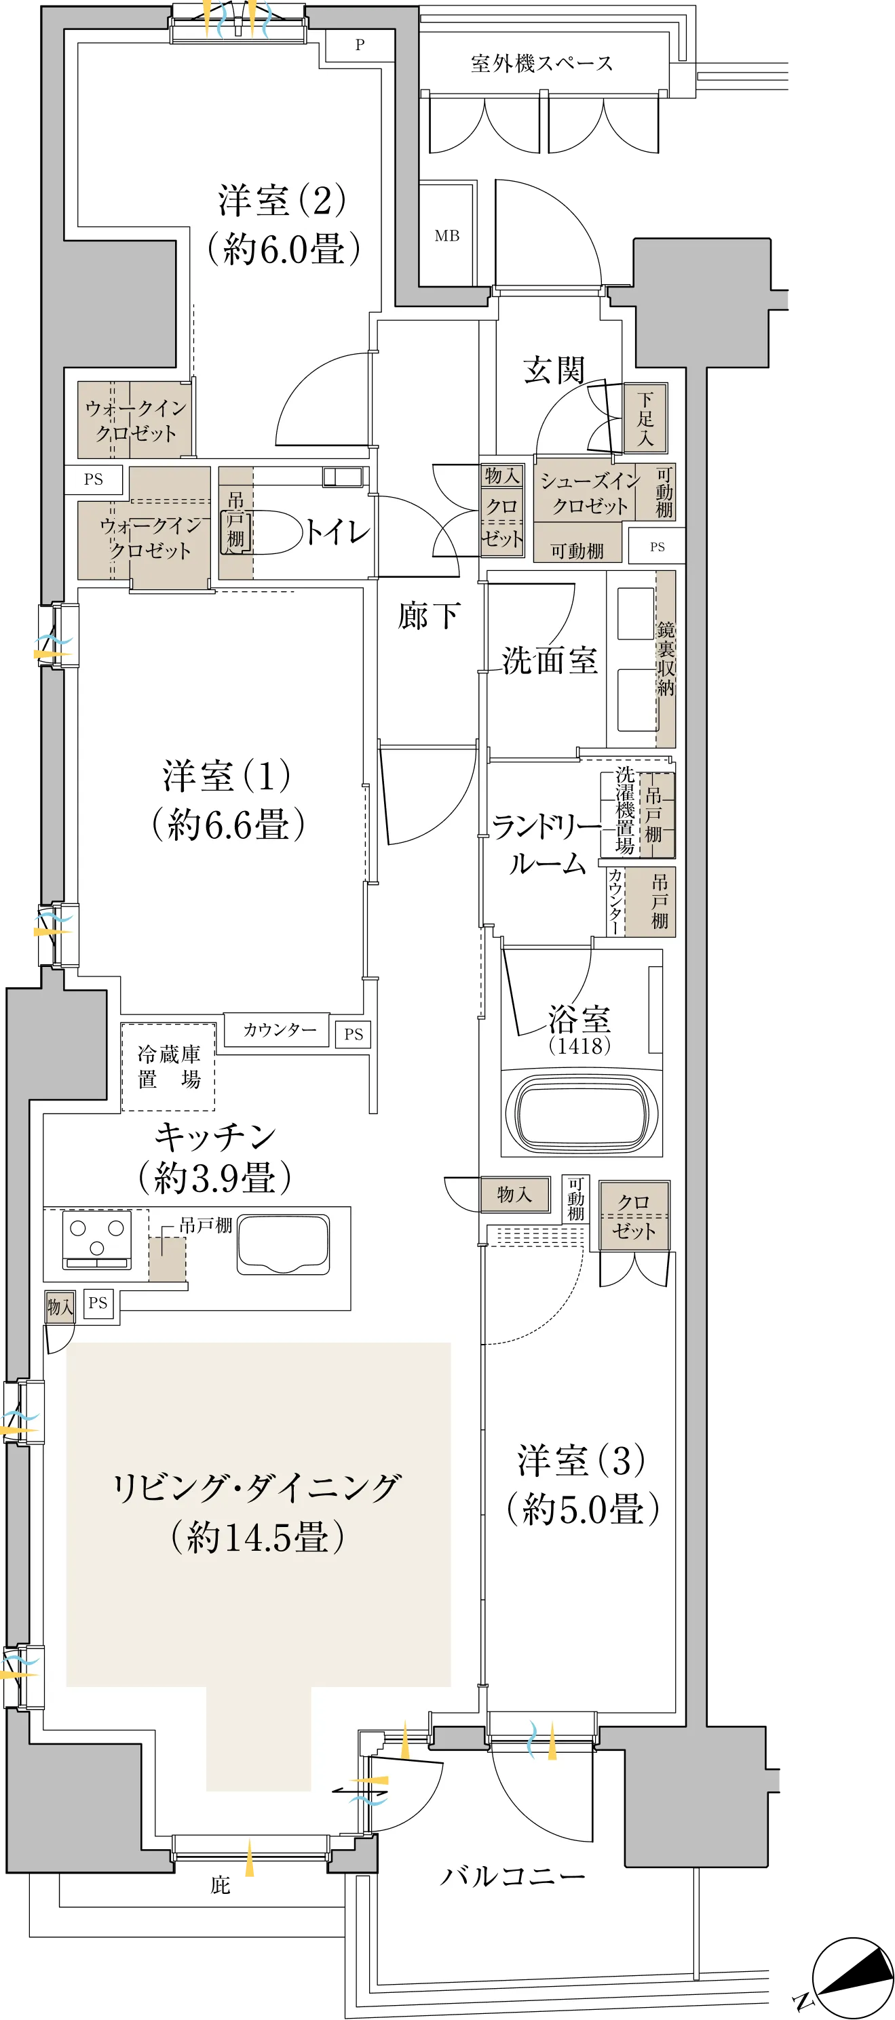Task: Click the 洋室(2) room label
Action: click(x=282, y=201)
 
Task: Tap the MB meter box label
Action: click(x=447, y=235)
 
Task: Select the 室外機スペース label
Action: click(x=542, y=64)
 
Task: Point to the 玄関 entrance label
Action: click(x=554, y=370)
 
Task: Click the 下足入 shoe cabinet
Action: click(x=645, y=418)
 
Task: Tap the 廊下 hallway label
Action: click(x=428, y=616)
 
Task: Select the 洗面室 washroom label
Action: click(x=549, y=660)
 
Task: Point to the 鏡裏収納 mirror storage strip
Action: click(x=666, y=658)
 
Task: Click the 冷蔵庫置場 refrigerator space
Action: click(x=168, y=1067)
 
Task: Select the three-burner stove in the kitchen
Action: click(x=97, y=1240)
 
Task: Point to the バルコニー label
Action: click(x=512, y=1876)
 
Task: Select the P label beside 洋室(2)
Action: click(x=360, y=45)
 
